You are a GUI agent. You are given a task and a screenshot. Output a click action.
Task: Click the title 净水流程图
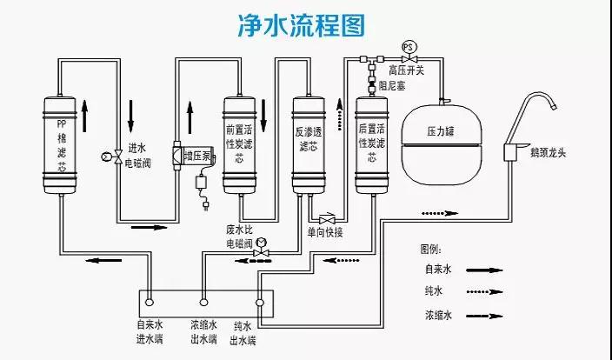[x=305, y=26]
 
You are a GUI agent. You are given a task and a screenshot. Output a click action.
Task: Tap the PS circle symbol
[x=408, y=45]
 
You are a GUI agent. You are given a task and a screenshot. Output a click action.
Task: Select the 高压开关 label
[x=406, y=70]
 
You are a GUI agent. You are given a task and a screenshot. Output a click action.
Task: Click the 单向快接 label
[x=326, y=232]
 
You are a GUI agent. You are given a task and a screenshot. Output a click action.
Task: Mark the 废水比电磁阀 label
[x=239, y=237]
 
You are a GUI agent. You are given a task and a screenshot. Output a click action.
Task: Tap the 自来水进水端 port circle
[x=149, y=303]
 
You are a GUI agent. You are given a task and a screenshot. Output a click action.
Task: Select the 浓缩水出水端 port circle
[x=203, y=303]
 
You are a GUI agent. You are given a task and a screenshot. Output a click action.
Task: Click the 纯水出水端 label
[x=243, y=333]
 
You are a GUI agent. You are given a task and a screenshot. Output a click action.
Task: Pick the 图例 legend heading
[x=431, y=250]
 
